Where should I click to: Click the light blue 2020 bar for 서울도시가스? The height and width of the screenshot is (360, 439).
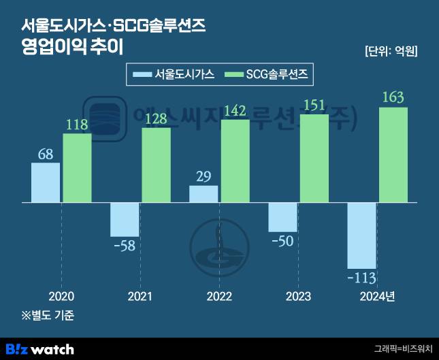tap(46, 182)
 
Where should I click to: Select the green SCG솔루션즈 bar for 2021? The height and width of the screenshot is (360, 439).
tap(156, 165)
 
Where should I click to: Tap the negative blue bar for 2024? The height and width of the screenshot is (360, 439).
tap(361, 235)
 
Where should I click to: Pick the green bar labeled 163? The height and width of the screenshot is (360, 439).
tap(393, 155)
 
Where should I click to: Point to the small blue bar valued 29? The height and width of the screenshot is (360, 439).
tap(204, 194)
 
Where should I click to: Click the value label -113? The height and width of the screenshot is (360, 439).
tap(361, 278)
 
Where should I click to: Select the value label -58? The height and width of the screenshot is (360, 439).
tap(125, 245)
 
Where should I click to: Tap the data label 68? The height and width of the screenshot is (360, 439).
tap(45, 154)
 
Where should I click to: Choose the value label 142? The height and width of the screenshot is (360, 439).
tap(235, 111)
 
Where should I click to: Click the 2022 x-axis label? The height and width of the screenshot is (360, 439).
tap(219, 297)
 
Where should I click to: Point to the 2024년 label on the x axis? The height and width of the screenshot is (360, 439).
tap(377, 297)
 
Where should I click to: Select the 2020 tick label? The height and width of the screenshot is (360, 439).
tap(61, 297)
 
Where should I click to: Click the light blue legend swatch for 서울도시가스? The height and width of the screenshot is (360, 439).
tap(142, 74)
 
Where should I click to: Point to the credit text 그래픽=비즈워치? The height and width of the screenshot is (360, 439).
tap(403, 348)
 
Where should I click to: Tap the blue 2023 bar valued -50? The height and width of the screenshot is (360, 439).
tap(282, 217)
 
